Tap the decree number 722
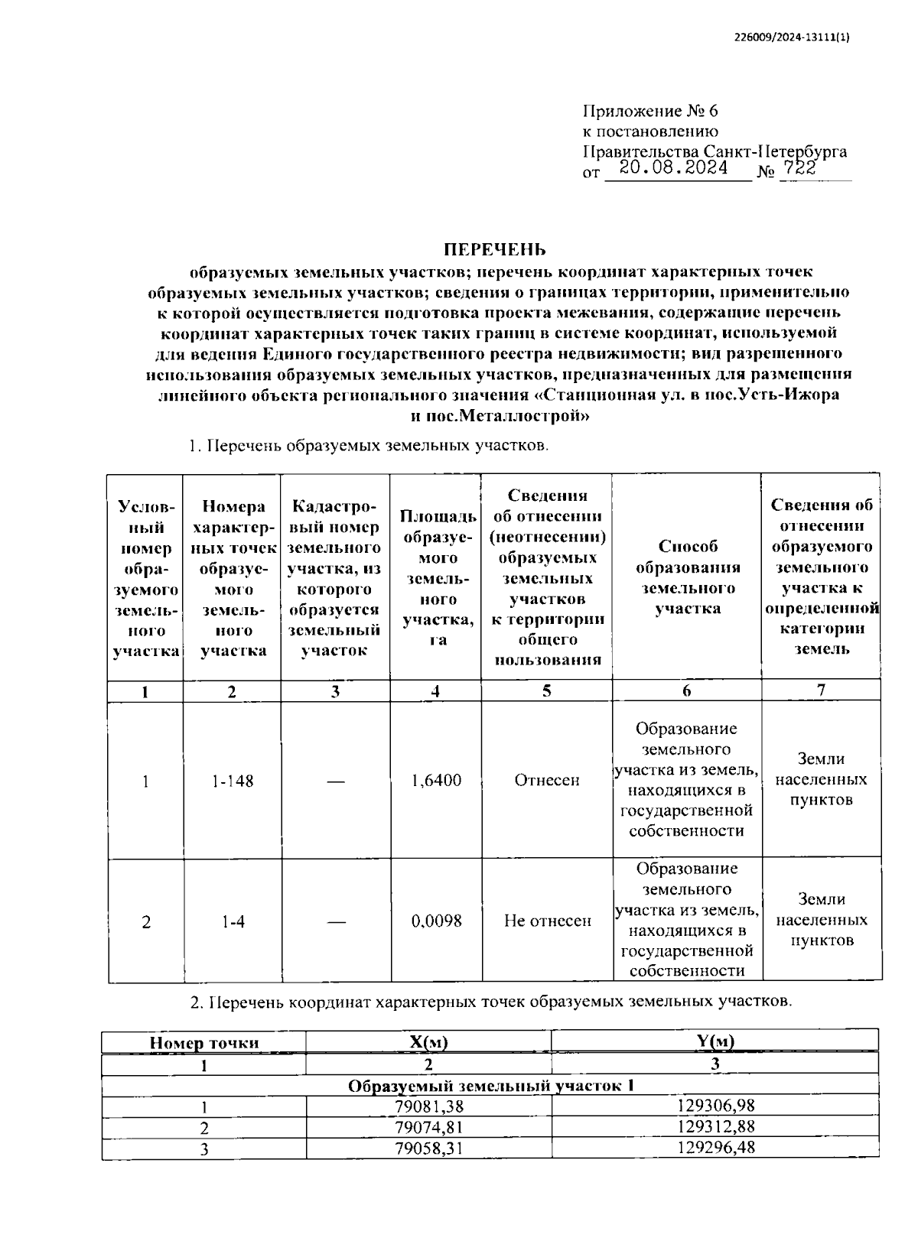click(x=799, y=169)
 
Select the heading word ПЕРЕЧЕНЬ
click(x=496, y=250)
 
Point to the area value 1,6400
click(x=436, y=781)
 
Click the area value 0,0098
click(x=436, y=921)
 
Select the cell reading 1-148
click(x=233, y=781)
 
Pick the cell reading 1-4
click(x=233, y=922)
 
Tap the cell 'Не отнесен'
click(x=548, y=921)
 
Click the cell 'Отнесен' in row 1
click(x=547, y=781)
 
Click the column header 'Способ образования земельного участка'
click(x=687, y=577)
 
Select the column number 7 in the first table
click(x=821, y=690)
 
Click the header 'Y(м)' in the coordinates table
click(x=715, y=1041)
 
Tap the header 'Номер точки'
click(x=204, y=1043)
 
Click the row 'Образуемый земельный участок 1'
click(x=491, y=1086)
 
